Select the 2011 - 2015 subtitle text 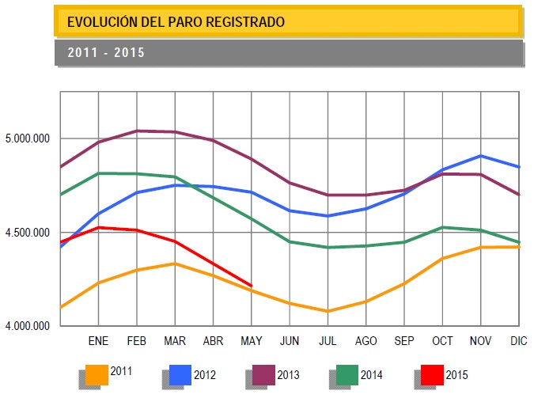click(x=105, y=53)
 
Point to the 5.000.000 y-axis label click(x=27, y=138)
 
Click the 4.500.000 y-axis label click(x=27, y=233)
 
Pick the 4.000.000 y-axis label click(x=27, y=326)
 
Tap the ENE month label click(x=98, y=340)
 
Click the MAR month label click(x=174, y=340)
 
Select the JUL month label click(x=328, y=340)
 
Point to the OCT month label click(x=442, y=340)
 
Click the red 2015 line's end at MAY click(x=251, y=286)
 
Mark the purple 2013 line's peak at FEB click(x=138, y=131)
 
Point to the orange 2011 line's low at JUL click(x=328, y=311)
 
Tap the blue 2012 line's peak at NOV click(x=481, y=156)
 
